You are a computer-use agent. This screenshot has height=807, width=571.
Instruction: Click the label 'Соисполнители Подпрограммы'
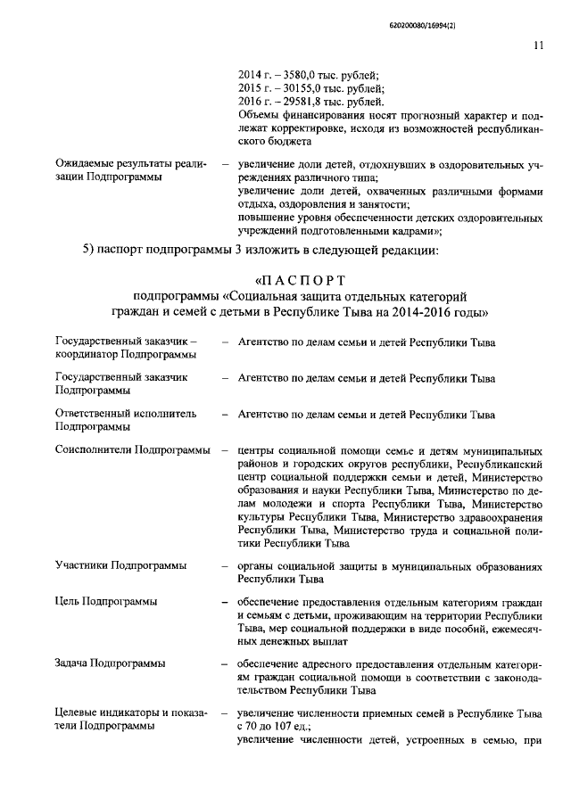pos(132,450)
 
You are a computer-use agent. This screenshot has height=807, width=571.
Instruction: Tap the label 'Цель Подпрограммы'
pos(106,601)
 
